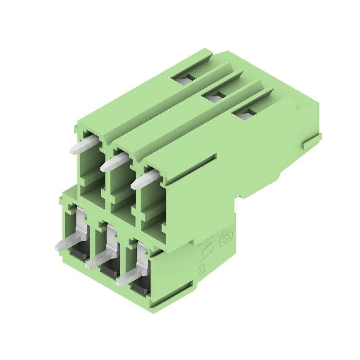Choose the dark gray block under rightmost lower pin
[140, 286]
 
